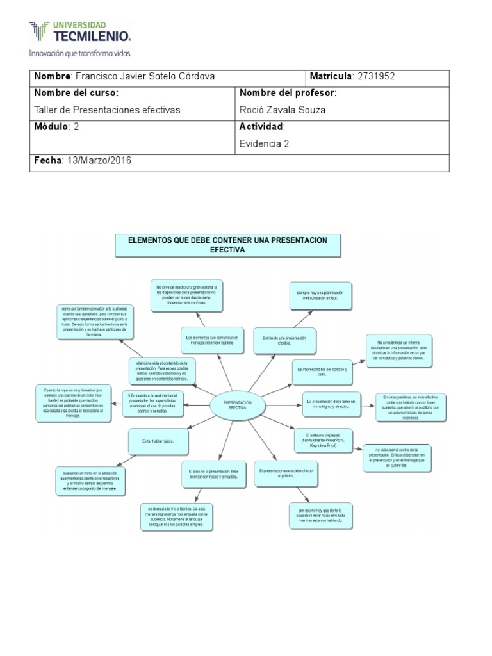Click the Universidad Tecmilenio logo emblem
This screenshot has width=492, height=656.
tap(38, 31)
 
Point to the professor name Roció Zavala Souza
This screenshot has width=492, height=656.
tap(282, 110)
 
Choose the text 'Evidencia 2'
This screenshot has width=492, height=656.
tap(264, 143)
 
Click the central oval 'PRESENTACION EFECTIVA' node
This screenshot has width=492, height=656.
tap(237, 404)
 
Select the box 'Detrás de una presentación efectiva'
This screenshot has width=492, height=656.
tap(284, 340)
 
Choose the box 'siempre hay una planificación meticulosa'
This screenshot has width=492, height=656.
tap(315, 295)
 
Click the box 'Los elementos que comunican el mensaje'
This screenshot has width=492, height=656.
tap(211, 340)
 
